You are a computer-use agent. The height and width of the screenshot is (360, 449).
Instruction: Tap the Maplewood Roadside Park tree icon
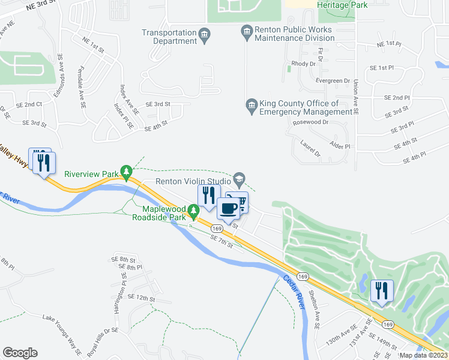tap(193, 211)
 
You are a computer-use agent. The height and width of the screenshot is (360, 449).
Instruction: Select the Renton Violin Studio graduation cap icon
tap(239, 179)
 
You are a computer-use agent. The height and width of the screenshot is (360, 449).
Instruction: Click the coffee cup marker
tap(228, 208)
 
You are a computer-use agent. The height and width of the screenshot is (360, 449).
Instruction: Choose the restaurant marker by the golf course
tap(381, 291)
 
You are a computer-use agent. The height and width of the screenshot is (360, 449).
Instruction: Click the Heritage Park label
tap(343, 4)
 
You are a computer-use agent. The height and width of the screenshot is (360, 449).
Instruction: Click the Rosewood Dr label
tap(311, 122)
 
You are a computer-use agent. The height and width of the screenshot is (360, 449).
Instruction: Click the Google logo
tap(20, 353)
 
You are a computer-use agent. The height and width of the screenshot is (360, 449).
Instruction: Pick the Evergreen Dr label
tap(332, 80)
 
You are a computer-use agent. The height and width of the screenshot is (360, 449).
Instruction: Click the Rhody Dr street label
tap(303, 64)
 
